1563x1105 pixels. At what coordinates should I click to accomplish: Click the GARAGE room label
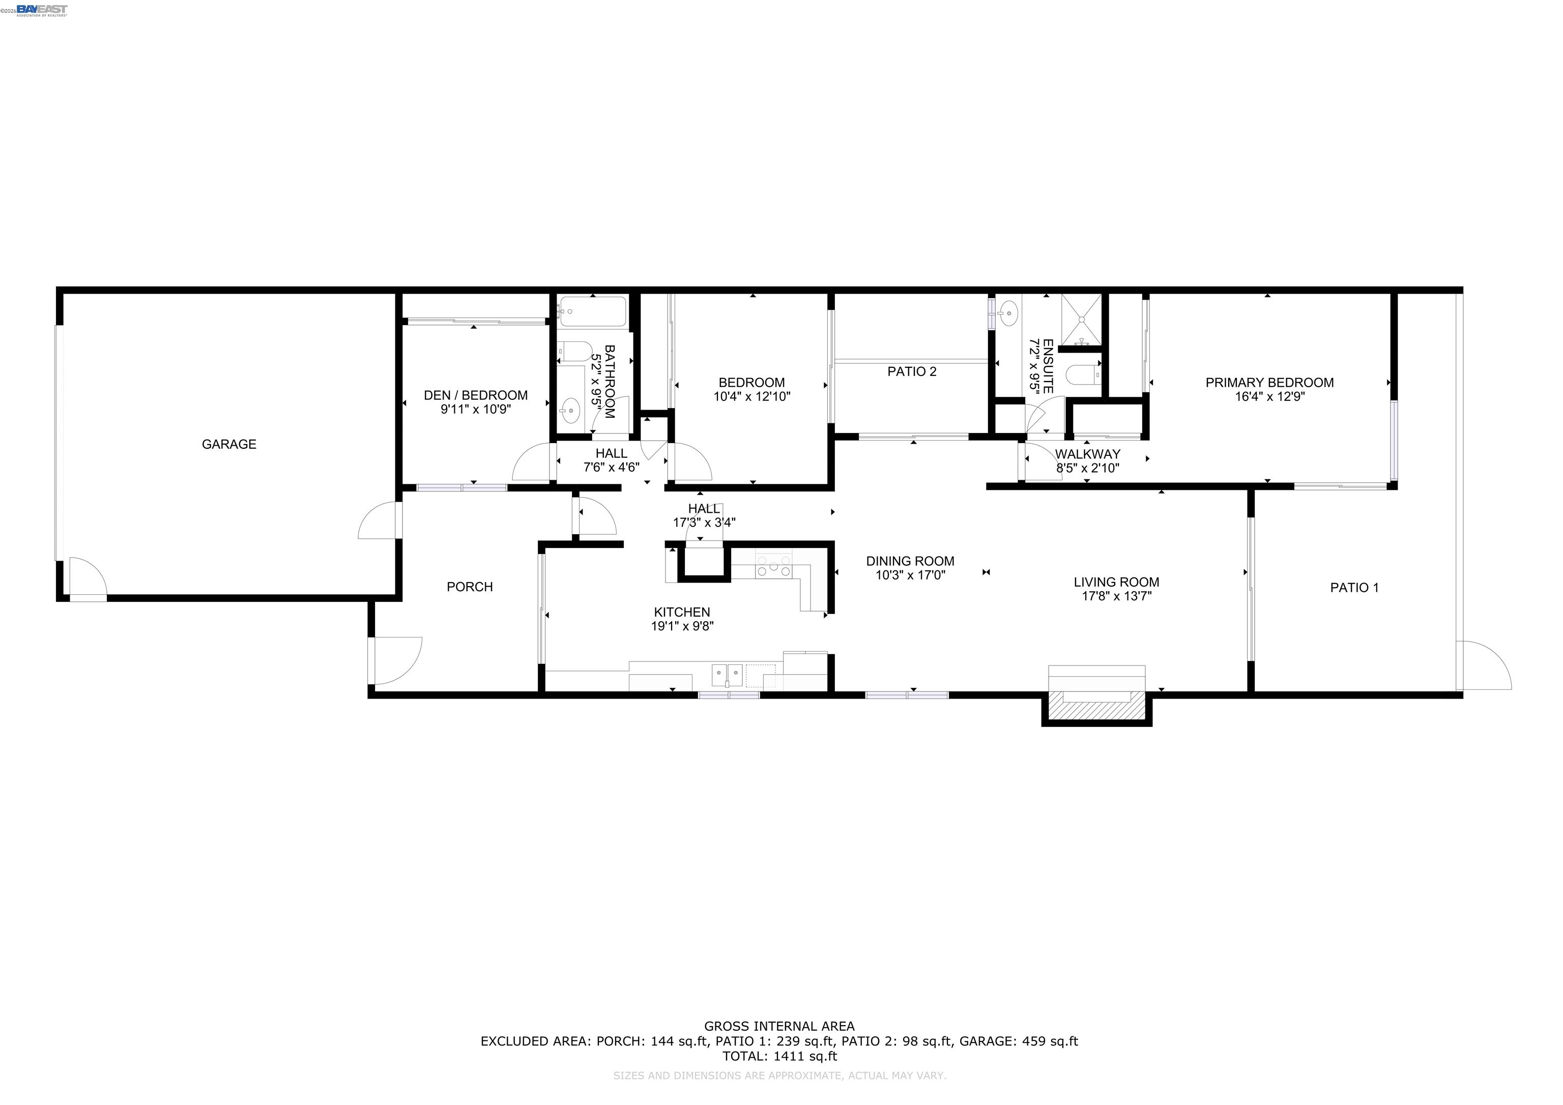229,445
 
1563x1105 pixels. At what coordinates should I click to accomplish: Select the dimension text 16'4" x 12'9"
1269,397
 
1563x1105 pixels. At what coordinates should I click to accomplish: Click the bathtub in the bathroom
592,312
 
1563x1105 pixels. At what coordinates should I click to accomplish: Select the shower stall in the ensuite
1081,319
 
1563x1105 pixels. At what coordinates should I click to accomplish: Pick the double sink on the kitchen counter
727,676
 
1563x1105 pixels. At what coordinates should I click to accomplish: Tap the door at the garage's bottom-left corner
87,579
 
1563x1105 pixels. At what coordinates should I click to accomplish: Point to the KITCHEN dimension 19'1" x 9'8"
682,626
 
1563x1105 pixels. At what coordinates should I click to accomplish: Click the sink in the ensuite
1008,314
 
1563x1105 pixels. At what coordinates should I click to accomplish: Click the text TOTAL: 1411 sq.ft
779,1056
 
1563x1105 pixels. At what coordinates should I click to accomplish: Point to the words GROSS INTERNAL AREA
779,1026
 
